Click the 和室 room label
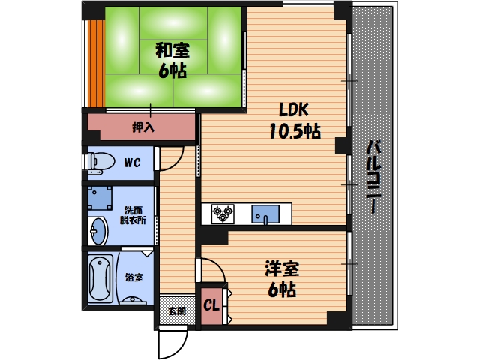pyautogui.click(x=172, y=51)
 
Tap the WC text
pyautogui.click(x=132, y=162)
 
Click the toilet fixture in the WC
pyautogui.click(x=100, y=161)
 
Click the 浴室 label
pyautogui.click(x=134, y=277)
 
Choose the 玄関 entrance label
pyautogui.click(x=176, y=310)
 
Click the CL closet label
pyautogui.click(x=211, y=306)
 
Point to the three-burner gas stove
pyautogui.click(x=223, y=214)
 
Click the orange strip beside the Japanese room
pyautogui.click(x=95, y=62)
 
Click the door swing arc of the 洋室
pyautogui.click(x=211, y=269)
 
